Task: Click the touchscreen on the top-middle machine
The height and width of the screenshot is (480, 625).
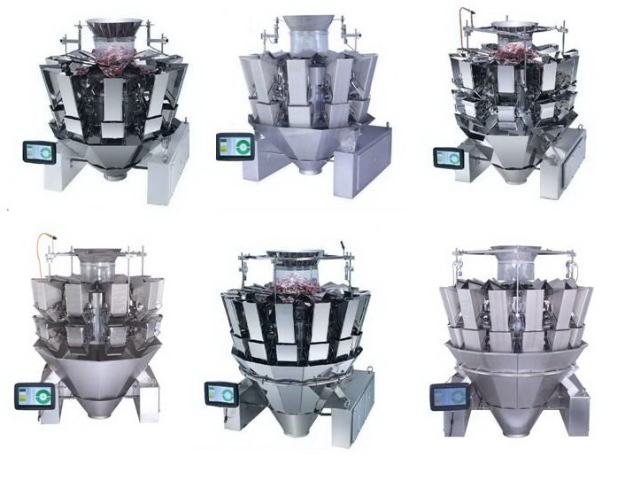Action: [231, 145]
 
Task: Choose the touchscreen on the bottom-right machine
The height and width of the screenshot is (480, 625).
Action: [448, 397]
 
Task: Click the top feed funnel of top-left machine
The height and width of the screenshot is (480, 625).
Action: [116, 32]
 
